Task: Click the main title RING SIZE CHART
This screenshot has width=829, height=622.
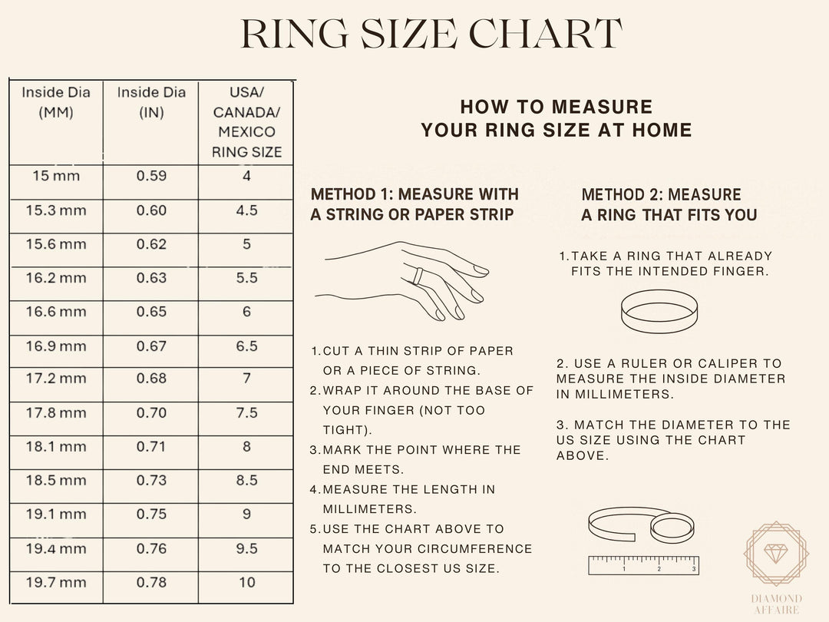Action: click(x=431, y=35)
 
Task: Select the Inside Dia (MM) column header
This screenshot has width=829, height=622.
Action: click(x=56, y=102)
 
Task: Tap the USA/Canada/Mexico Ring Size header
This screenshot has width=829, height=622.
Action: click(x=246, y=122)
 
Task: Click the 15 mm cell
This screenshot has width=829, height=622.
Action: click(x=56, y=176)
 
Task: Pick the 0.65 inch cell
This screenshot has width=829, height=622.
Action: click(x=151, y=312)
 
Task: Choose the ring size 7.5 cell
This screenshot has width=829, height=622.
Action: click(x=246, y=413)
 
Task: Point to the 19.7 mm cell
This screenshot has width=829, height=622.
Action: click(x=56, y=583)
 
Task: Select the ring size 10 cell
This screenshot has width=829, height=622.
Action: click(x=246, y=583)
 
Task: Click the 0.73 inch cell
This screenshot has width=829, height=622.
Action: click(x=151, y=481)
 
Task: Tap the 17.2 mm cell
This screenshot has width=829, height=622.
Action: click(x=56, y=379)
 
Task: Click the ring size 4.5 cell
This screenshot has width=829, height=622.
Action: click(x=246, y=210)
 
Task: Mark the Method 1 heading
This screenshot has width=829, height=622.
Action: click(x=414, y=204)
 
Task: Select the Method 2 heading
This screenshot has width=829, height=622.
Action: click(x=669, y=204)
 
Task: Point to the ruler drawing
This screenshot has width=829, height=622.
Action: click(x=643, y=565)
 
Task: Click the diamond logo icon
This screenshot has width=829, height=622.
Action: click(x=776, y=554)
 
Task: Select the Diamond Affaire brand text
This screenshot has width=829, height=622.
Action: click(x=776, y=604)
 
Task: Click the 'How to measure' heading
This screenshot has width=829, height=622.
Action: click(x=556, y=118)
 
